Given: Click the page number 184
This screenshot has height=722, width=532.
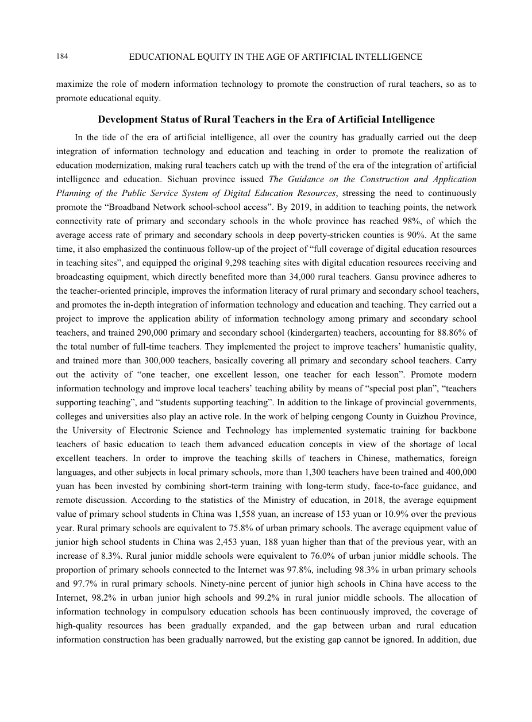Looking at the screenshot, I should point(63,56).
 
